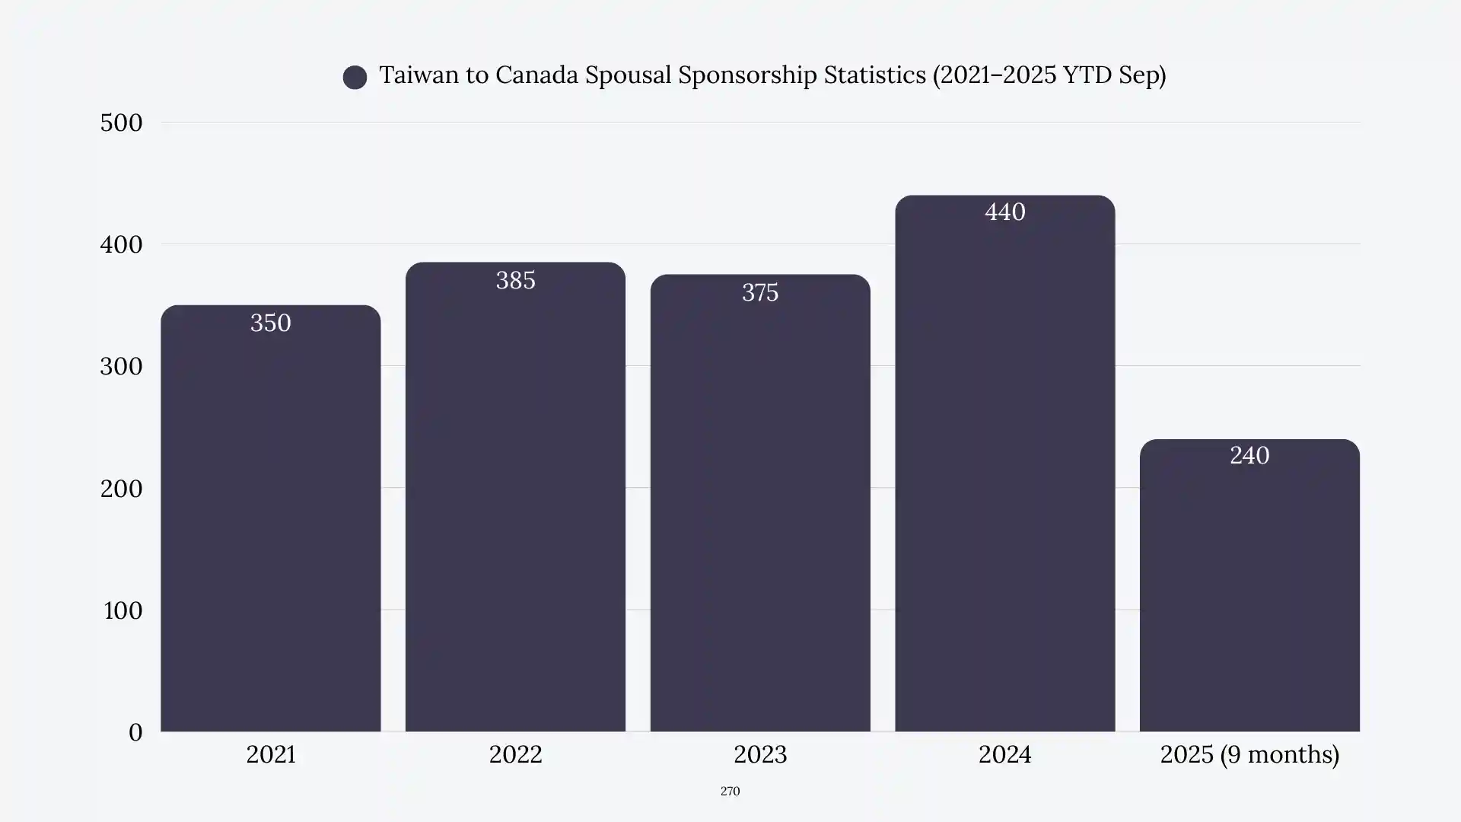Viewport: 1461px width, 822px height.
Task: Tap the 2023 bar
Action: (x=759, y=510)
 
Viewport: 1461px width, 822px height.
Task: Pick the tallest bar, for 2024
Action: (x=1004, y=472)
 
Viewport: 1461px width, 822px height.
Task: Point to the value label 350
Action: (x=270, y=323)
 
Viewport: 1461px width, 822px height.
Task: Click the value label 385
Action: (x=515, y=280)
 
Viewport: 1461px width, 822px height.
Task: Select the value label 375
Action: (x=759, y=292)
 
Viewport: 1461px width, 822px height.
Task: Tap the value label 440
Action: (x=1004, y=212)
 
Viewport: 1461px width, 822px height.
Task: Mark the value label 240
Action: (x=1249, y=455)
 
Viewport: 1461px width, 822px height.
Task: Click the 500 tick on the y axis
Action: (x=121, y=123)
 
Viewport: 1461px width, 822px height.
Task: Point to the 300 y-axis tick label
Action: (x=121, y=366)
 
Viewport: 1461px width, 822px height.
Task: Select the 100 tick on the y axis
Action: (x=123, y=610)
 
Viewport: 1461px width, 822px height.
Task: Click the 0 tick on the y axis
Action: (x=135, y=732)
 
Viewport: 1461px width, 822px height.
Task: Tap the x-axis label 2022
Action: (x=515, y=754)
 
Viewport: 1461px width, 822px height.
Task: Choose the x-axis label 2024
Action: (x=1004, y=754)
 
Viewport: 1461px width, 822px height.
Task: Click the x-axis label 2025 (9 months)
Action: (x=1249, y=754)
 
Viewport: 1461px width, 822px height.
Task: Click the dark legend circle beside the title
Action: (x=355, y=77)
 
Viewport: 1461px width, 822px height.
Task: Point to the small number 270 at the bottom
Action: (x=730, y=792)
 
